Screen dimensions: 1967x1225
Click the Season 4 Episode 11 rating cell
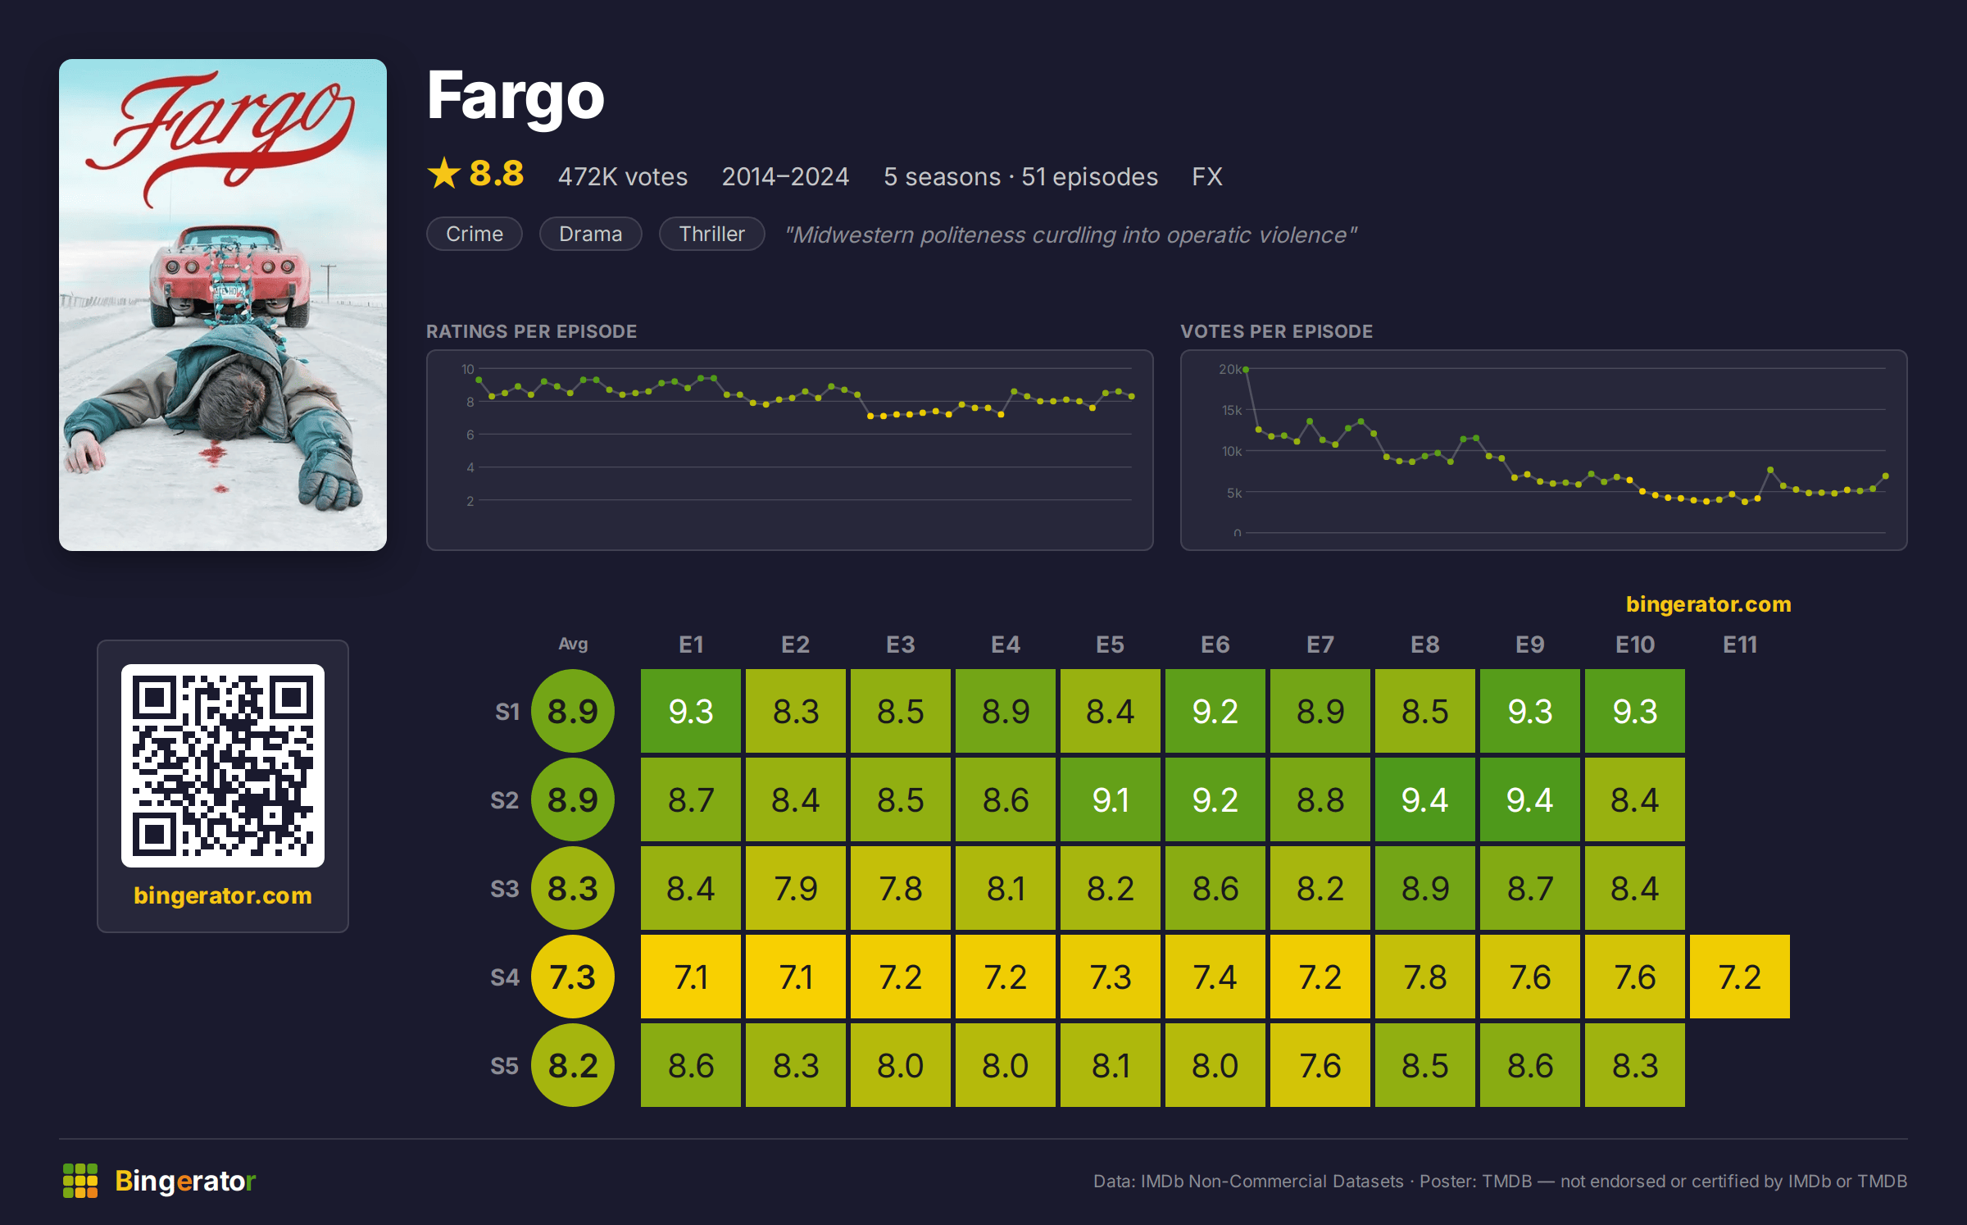click(x=1739, y=977)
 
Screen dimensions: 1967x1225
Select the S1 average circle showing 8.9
click(x=573, y=711)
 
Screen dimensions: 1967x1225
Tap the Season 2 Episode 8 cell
click(x=1424, y=799)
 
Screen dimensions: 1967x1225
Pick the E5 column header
click(x=1110, y=644)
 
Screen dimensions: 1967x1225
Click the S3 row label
click(x=505, y=889)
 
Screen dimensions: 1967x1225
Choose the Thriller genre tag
click(x=711, y=234)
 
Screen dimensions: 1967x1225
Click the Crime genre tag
click(x=475, y=234)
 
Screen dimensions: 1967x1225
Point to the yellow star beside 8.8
click(x=444, y=173)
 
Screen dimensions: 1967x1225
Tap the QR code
click(x=223, y=766)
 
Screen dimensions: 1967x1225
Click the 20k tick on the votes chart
click(x=1229, y=370)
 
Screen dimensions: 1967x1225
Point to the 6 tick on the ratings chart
click(x=470, y=435)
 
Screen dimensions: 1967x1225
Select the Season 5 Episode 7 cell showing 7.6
click(x=1320, y=1065)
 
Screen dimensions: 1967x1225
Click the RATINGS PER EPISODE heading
click(x=531, y=331)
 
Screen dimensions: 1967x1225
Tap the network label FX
click(x=1207, y=176)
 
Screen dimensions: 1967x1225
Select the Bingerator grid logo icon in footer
click(x=80, y=1181)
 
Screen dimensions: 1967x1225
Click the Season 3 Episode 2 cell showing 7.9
click(x=795, y=888)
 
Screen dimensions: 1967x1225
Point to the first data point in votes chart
click(x=1246, y=370)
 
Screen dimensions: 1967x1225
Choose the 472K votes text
click(x=623, y=176)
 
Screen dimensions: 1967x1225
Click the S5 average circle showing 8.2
click(x=573, y=1065)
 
